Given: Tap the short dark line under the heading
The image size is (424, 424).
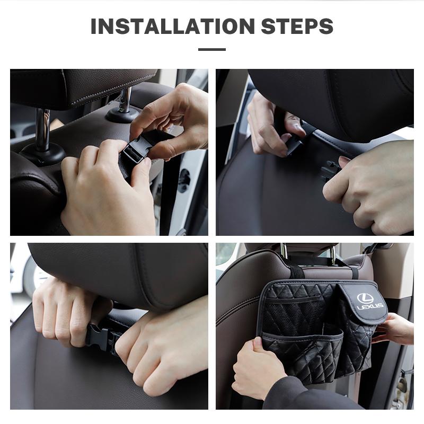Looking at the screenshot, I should (212, 49).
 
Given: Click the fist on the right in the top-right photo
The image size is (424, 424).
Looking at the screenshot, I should (371, 183).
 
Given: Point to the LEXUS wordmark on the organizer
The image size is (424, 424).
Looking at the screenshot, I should (366, 307).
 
